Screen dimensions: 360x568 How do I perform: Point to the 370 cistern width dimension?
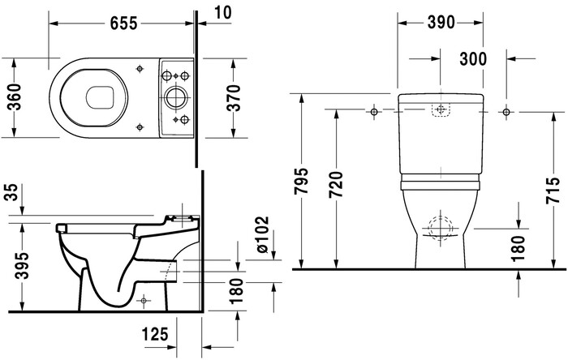(x=235, y=97)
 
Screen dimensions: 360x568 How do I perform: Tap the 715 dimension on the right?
(x=553, y=188)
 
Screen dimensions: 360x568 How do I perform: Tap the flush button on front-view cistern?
(x=441, y=110)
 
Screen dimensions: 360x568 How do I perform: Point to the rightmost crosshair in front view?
(x=506, y=110)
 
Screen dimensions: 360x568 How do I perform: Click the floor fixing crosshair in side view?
(x=144, y=300)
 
